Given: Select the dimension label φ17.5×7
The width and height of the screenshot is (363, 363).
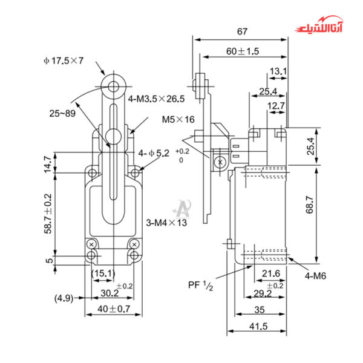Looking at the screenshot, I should [x=64, y=60].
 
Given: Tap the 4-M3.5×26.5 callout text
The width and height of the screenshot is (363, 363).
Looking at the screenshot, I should [x=157, y=98].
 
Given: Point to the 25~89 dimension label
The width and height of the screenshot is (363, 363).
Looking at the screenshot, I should [x=62, y=113].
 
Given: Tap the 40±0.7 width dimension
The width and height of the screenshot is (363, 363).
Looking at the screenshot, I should [x=113, y=309].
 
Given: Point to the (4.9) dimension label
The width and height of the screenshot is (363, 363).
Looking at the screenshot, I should [x=64, y=298].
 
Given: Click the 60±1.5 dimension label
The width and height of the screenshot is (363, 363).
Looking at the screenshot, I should [x=243, y=51].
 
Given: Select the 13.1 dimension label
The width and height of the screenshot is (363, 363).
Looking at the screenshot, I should [x=278, y=71].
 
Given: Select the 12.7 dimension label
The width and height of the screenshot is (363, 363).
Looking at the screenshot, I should [x=276, y=106].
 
